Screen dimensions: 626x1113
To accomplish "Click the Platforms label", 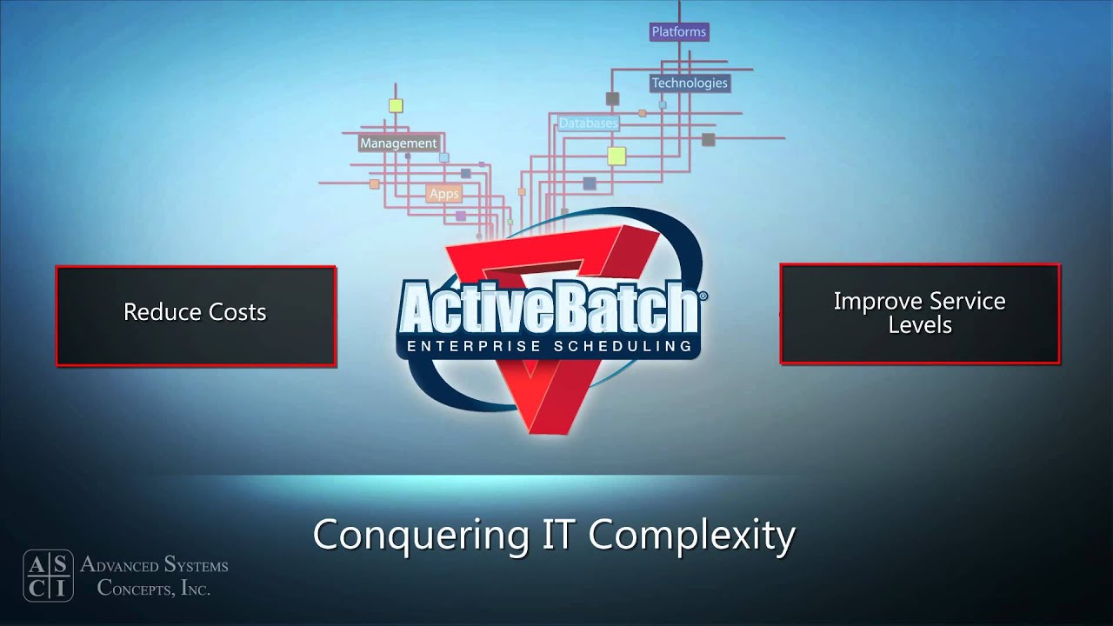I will (679, 32).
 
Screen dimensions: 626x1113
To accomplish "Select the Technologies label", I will (690, 83).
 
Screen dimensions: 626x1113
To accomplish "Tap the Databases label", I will (588, 123).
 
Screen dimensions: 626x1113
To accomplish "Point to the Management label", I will (398, 143).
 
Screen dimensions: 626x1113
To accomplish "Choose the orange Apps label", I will (443, 194).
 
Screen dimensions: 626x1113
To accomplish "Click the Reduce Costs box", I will (196, 315).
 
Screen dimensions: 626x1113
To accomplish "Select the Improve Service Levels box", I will (919, 313).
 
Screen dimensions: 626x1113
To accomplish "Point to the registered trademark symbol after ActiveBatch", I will (703, 296).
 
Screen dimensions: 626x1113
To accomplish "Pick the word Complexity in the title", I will (691, 534).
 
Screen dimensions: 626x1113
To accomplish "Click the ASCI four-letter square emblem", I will (48, 576).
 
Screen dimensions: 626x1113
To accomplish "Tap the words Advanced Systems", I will (154, 565).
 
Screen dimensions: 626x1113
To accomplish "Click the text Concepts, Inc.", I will (154, 588).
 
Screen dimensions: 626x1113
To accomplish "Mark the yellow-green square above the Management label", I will (396, 106).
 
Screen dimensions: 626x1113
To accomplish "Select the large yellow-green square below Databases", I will (616, 156).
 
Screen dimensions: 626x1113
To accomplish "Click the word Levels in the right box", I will (919, 326).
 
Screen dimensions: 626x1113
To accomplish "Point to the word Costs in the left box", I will (236, 312).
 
